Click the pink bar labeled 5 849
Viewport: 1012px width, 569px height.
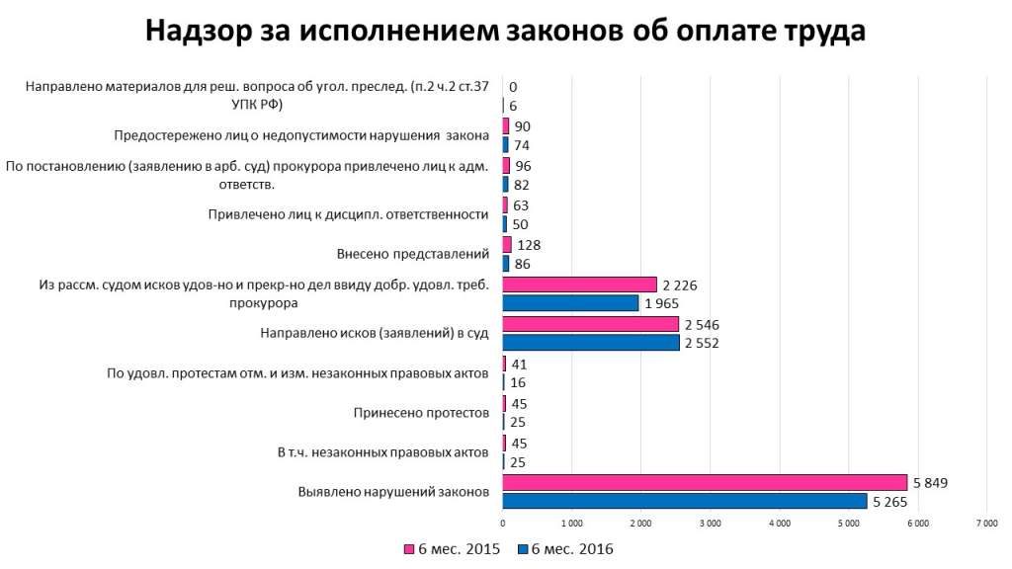[705, 482]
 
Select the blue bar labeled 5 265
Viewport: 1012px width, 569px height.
[684, 501]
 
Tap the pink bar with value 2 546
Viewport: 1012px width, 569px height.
[590, 324]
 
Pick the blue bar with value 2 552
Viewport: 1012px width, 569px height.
[591, 343]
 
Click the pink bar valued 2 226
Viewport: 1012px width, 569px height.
[579, 284]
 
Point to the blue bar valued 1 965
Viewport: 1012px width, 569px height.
[570, 303]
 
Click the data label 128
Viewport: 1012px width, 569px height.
[529, 245]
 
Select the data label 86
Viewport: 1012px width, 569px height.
[524, 264]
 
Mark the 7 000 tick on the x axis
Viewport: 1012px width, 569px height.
[985, 522]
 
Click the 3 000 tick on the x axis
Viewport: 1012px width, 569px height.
[710, 522]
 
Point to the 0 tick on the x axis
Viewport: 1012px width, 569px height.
[503, 522]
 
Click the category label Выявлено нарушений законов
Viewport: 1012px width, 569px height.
[392, 491]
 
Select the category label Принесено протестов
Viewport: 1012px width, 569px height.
[421, 412]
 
